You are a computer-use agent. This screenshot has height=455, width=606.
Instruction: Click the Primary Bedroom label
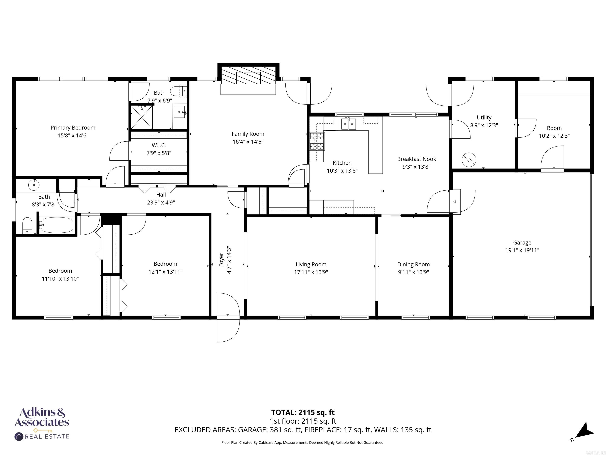(x=73, y=128)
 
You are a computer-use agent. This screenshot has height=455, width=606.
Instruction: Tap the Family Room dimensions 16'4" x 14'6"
(x=248, y=142)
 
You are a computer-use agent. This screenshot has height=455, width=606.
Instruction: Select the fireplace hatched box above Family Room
(x=248, y=75)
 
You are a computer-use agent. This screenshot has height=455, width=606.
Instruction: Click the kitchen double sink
(x=349, y=124)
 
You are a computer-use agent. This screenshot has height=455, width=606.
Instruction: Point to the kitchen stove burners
(x=317, y=141)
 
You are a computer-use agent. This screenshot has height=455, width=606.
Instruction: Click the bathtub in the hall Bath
(x=56, y=225)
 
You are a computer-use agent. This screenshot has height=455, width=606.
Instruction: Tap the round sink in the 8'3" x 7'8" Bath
(x=34, y=185)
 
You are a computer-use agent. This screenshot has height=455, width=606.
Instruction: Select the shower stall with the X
(x=142, y=117)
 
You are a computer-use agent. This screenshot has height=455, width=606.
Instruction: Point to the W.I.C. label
(x=159, y=145)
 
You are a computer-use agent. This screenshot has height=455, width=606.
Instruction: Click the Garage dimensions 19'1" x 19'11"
(x=522, y=250)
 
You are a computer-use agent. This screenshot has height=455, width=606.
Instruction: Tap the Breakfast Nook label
(x=416, y=159)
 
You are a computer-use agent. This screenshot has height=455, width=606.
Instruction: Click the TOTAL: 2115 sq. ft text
(x=303, y=412)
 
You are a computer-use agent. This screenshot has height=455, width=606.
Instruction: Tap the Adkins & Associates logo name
(x=42, y=417)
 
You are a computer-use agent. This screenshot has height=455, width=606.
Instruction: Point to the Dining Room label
(x=413, y=264)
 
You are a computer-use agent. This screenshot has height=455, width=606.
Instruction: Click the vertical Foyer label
(x=221, y=260)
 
